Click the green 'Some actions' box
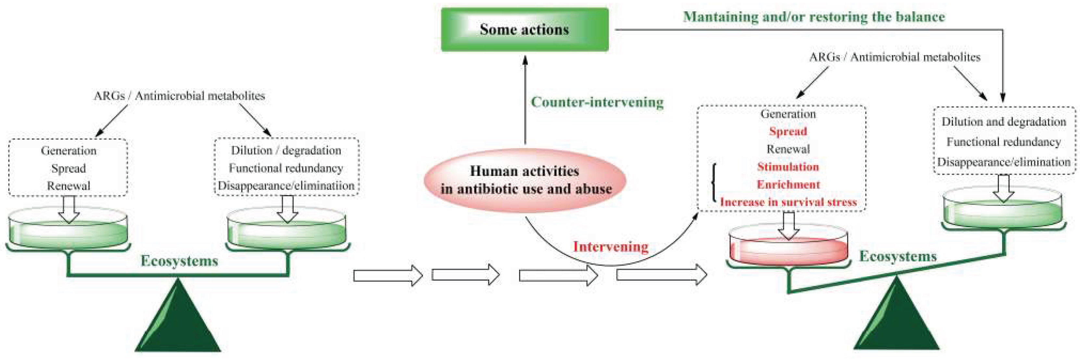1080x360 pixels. (524, 29)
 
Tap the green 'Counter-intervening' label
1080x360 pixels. (597, 102)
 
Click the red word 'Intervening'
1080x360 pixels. (610, 246)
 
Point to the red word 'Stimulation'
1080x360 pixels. (788, 167)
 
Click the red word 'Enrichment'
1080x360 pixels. (788, 184)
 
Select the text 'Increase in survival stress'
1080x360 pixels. (788, 202)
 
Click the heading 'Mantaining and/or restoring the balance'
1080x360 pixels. (814, 17)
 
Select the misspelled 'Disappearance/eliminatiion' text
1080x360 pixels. (286, 186)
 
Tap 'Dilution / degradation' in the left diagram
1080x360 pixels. (286, 150)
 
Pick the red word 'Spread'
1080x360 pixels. (788, 131)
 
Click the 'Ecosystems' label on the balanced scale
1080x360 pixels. (180, 261)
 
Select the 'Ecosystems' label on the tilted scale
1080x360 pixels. (898, 256)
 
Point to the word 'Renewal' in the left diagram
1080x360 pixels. (68, 186)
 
